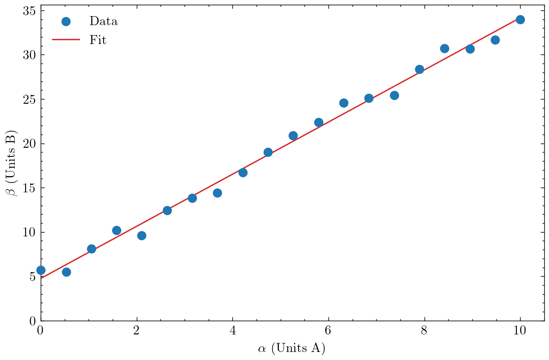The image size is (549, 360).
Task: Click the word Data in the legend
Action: tap(103, 21)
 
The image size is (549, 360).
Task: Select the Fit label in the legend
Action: tap(98, 40)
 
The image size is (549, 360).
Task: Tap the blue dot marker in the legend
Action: tap(66, 21)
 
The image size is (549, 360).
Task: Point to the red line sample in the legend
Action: tap(66, 40)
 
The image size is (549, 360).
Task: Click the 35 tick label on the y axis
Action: tap(30, 11)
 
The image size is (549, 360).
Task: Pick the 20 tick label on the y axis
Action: tap(30, 144)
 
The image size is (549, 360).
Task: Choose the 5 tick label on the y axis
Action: tap(33, 277)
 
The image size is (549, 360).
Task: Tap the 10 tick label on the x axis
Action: tap(520, 330)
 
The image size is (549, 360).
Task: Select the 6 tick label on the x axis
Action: tap(328, 330)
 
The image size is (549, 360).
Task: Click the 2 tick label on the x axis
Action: tap(137, 330)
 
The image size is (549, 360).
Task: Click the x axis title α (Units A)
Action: tap(292, 349)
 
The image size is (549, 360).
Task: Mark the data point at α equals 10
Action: tap(520, 19)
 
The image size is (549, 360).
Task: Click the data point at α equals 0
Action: tap(41, 270)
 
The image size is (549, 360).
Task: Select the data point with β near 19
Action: tap(268, 152)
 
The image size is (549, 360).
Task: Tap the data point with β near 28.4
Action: tap(419, 69)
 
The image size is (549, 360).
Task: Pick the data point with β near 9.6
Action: tap(142, 235)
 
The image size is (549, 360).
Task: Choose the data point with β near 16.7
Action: tap(243, 172)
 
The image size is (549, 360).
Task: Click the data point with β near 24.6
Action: tap(344, 103)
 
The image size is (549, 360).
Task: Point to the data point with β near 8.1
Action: tap(91, 249)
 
